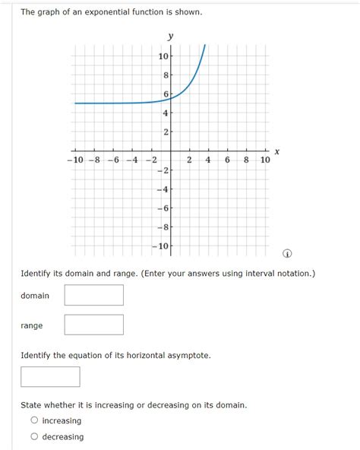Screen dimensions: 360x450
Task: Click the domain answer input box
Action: pyautogui.click(x=93, y=295)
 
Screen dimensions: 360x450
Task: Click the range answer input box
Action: pyautogui.click(x=93, y=325)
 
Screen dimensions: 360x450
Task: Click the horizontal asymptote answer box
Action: pyautogui.click(x=50, y=376)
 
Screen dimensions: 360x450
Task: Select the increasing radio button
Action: pyautogui.click(x=34, y=420)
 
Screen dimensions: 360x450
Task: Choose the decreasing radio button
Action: pyautogui.click(x=34, y=437)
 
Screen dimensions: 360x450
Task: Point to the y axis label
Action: pyautogui.click(x=170, y=36)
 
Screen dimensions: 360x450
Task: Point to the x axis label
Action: pyautogui.click(x=277, y=152)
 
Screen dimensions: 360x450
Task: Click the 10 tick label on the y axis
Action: pyautogui.click(x=163, y=57)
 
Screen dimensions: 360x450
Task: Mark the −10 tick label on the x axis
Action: pyautogui.click(x=75, y=160)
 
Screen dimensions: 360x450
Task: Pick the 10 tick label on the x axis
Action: pyautogui.click(x=264, y=160)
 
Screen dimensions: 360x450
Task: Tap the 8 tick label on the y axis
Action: pyautogui.click(x=166, y=76)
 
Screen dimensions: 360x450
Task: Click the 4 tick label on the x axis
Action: pyautogui.click(x=208, y=160)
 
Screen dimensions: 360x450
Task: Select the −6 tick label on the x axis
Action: pyautogui.click(x=112, y=160)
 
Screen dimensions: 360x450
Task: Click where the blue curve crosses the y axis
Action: pyautogui.click(x=170, y=96)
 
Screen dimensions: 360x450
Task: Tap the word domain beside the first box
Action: pyautogui.click(x=35, y=296)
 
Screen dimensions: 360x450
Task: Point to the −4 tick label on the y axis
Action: pyautogui.click(x=163, y=189)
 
